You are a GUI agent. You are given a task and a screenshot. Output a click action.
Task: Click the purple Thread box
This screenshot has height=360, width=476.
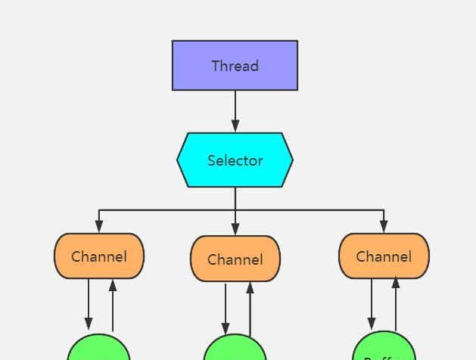[235, 65]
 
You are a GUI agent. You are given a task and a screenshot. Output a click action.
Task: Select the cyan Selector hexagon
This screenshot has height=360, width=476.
[235, 160]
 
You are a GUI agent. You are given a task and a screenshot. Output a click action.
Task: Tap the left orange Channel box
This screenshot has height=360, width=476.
[99, 256]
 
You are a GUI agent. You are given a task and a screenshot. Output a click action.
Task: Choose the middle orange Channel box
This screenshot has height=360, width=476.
[235, 259]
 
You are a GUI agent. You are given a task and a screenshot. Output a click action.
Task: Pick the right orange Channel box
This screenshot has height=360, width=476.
[384, 256]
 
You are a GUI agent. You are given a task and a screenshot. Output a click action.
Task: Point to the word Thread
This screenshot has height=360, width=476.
[235, 66]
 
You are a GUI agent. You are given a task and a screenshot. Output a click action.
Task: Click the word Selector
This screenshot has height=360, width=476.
[235, 160]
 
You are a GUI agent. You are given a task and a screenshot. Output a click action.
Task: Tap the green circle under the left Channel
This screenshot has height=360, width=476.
[99, 349]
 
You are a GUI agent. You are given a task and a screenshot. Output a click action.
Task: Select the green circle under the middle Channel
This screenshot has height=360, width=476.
[235, 349]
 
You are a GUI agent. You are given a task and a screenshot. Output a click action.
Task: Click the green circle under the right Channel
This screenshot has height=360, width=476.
[384, 348]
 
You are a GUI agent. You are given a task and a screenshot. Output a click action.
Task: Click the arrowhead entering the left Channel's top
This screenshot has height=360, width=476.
[99, 227]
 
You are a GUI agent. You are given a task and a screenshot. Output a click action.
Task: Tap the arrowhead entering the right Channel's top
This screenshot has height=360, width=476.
[384, 227]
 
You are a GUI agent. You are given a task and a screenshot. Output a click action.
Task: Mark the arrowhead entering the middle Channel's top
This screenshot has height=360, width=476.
[235, 229]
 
